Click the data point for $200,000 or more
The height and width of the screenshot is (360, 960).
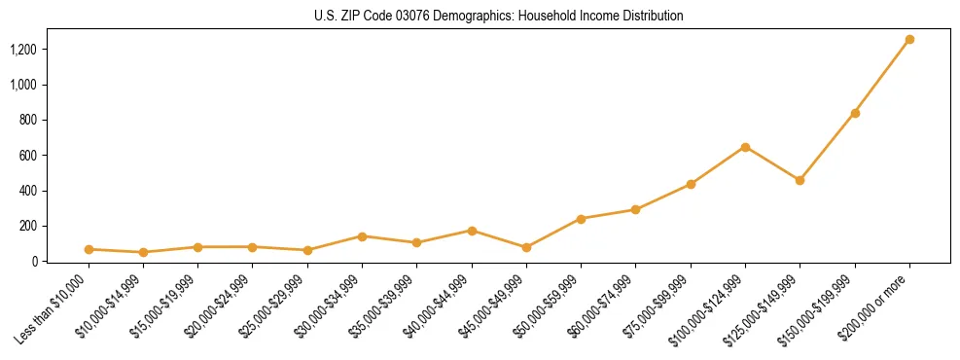[909, 40]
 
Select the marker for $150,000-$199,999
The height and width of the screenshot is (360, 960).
[855, 113]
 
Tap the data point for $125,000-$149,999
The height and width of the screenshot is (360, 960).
[800, 180]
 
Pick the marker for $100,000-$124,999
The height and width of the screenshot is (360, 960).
[745, 147]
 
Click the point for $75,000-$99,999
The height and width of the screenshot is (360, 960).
[691, 184]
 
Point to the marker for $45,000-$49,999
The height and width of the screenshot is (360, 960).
[526, 247]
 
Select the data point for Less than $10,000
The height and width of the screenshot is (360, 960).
[89, 249]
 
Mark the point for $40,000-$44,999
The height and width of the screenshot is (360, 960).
[472, 231]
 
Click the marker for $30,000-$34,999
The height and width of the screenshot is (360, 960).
[362, 236]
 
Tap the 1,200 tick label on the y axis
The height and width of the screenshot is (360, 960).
[24, 50]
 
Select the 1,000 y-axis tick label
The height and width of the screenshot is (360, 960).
[24, 86]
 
